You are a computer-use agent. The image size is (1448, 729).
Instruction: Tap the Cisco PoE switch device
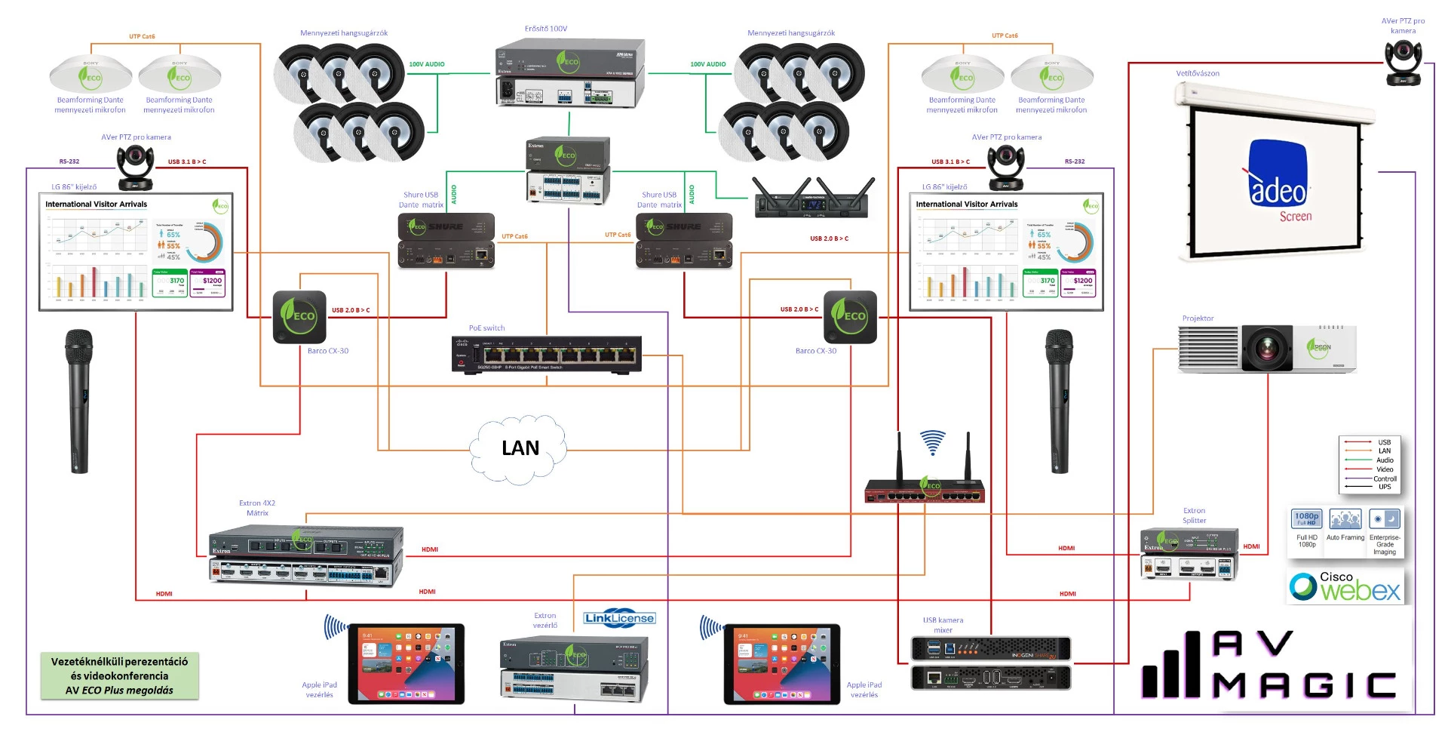[546, 354]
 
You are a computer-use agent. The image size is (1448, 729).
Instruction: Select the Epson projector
[1267, 348]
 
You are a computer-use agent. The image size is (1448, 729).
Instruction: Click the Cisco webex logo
[1345, 587]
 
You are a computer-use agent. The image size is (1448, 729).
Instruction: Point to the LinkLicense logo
[619, 618]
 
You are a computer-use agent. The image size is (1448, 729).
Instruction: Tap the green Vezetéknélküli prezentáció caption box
[120, 675]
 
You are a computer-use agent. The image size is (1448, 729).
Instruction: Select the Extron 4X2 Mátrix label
[257, 508]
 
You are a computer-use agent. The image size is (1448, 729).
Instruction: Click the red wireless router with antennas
[925, 491]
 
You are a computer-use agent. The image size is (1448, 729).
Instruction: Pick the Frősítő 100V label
[546, 29]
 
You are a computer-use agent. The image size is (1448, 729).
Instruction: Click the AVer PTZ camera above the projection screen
[1403, 63]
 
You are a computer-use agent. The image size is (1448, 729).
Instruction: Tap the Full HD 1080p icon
[1306, 518]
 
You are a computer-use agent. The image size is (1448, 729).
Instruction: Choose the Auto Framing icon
[1345, 519]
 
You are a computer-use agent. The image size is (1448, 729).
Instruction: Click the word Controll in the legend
[1385, 478]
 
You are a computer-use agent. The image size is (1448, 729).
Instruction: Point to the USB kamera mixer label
[943, 625]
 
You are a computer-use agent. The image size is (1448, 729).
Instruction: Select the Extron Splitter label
[1194, 515]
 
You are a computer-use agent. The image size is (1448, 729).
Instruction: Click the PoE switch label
[486, 328]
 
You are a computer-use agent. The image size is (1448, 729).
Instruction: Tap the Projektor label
[1198, 318]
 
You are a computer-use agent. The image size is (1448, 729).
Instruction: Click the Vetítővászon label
[1197, 73]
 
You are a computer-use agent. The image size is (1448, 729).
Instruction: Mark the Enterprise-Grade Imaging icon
[1385, 519]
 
